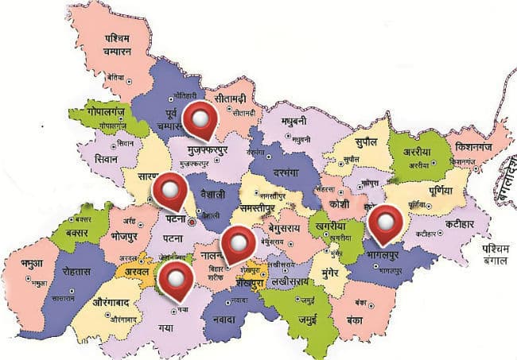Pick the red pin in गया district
click(176, 279)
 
